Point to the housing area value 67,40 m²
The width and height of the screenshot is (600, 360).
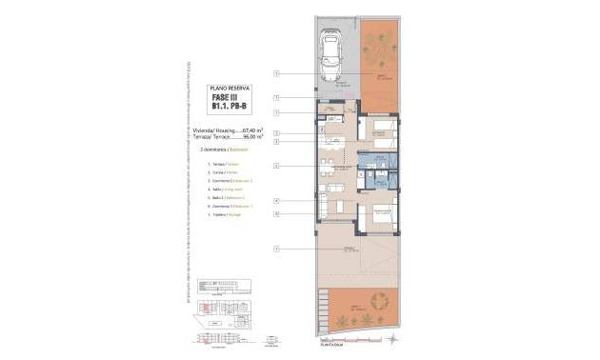click(x=248, y=129)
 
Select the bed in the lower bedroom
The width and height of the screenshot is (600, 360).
click(x=382, y=216)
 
